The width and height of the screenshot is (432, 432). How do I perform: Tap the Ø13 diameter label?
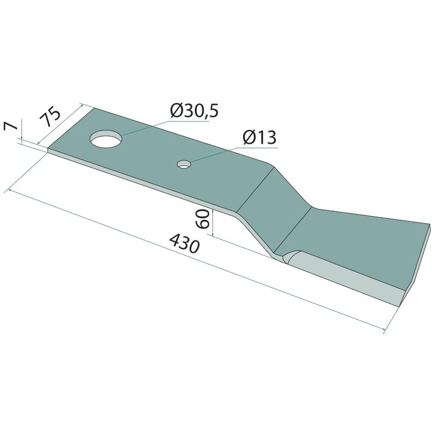(x=260, y=138)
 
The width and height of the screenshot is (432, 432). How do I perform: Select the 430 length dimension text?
(x=184, y=243)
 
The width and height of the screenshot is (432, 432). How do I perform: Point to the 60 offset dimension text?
(x=202, y=219)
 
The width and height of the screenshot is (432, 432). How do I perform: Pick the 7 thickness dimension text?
(x=11, y=126)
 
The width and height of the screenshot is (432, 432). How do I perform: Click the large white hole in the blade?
(x=106, y=139)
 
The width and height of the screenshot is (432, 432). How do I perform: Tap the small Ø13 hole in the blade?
(x=184, y=164)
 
